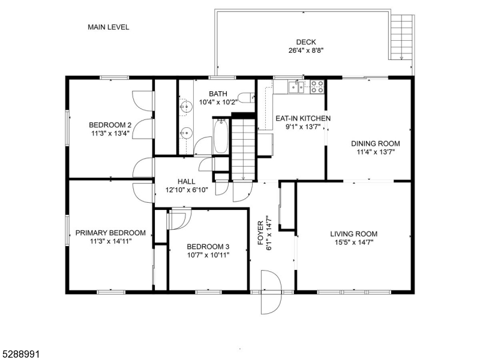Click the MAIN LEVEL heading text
[108, 27]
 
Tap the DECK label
[305, 42]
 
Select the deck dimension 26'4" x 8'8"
[305, 50]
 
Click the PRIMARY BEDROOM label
[110, 233]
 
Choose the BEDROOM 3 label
[208, 247]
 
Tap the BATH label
[218, 94]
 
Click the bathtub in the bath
[220, 137]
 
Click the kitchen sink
[296, 88]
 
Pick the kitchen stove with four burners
[317, 88]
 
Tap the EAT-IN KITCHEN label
[302, 119]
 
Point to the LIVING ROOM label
[353, 234]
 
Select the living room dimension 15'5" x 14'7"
[353, 242]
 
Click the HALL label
[186, 181]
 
